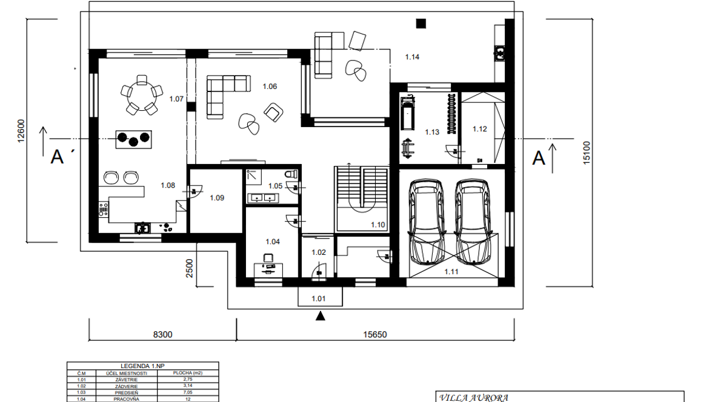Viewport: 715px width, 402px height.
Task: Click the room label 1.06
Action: pos(270,86)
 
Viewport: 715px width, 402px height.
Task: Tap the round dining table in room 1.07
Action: pos(142,95)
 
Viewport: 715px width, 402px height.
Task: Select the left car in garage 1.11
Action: pos(427,222)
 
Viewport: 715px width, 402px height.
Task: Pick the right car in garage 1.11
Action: pos(473,222)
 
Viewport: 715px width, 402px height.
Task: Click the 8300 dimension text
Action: pos(163,335)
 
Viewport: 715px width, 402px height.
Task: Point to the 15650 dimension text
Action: pos(375,335)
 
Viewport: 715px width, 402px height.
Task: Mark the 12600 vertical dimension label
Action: pos(21,131)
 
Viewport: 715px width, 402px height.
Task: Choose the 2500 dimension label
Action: pos(189,268)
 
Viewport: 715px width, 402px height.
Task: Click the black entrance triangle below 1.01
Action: pos(321,315)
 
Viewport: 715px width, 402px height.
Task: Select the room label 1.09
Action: pos(217,198)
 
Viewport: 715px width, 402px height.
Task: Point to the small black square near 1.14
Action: pos(421,23)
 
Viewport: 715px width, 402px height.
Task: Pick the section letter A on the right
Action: pos(539,158)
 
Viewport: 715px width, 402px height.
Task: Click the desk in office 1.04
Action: pos(268,270)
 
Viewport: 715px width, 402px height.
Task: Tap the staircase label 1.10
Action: pos(378,225)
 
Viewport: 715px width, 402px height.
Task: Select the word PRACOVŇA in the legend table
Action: pos(127,399)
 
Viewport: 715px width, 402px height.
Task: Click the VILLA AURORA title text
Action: pos(474,397)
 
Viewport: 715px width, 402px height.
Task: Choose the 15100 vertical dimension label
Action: pos(587,153)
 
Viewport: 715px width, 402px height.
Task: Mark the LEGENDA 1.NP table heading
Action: pos(143,366)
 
